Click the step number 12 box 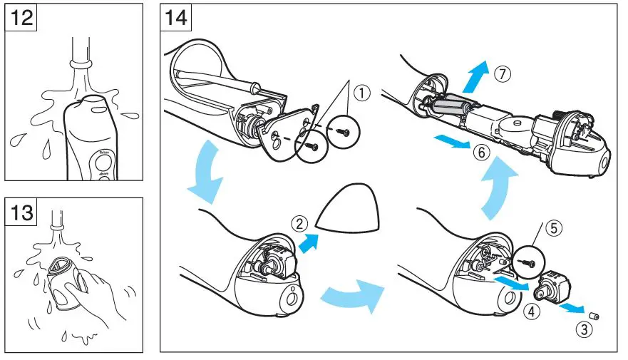[x=21, y=17]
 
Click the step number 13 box [x=21, y=213]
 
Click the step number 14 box [x=177, y=17]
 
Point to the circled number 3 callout [x=585, y=329]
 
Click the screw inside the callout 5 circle [x=527, y=262]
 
